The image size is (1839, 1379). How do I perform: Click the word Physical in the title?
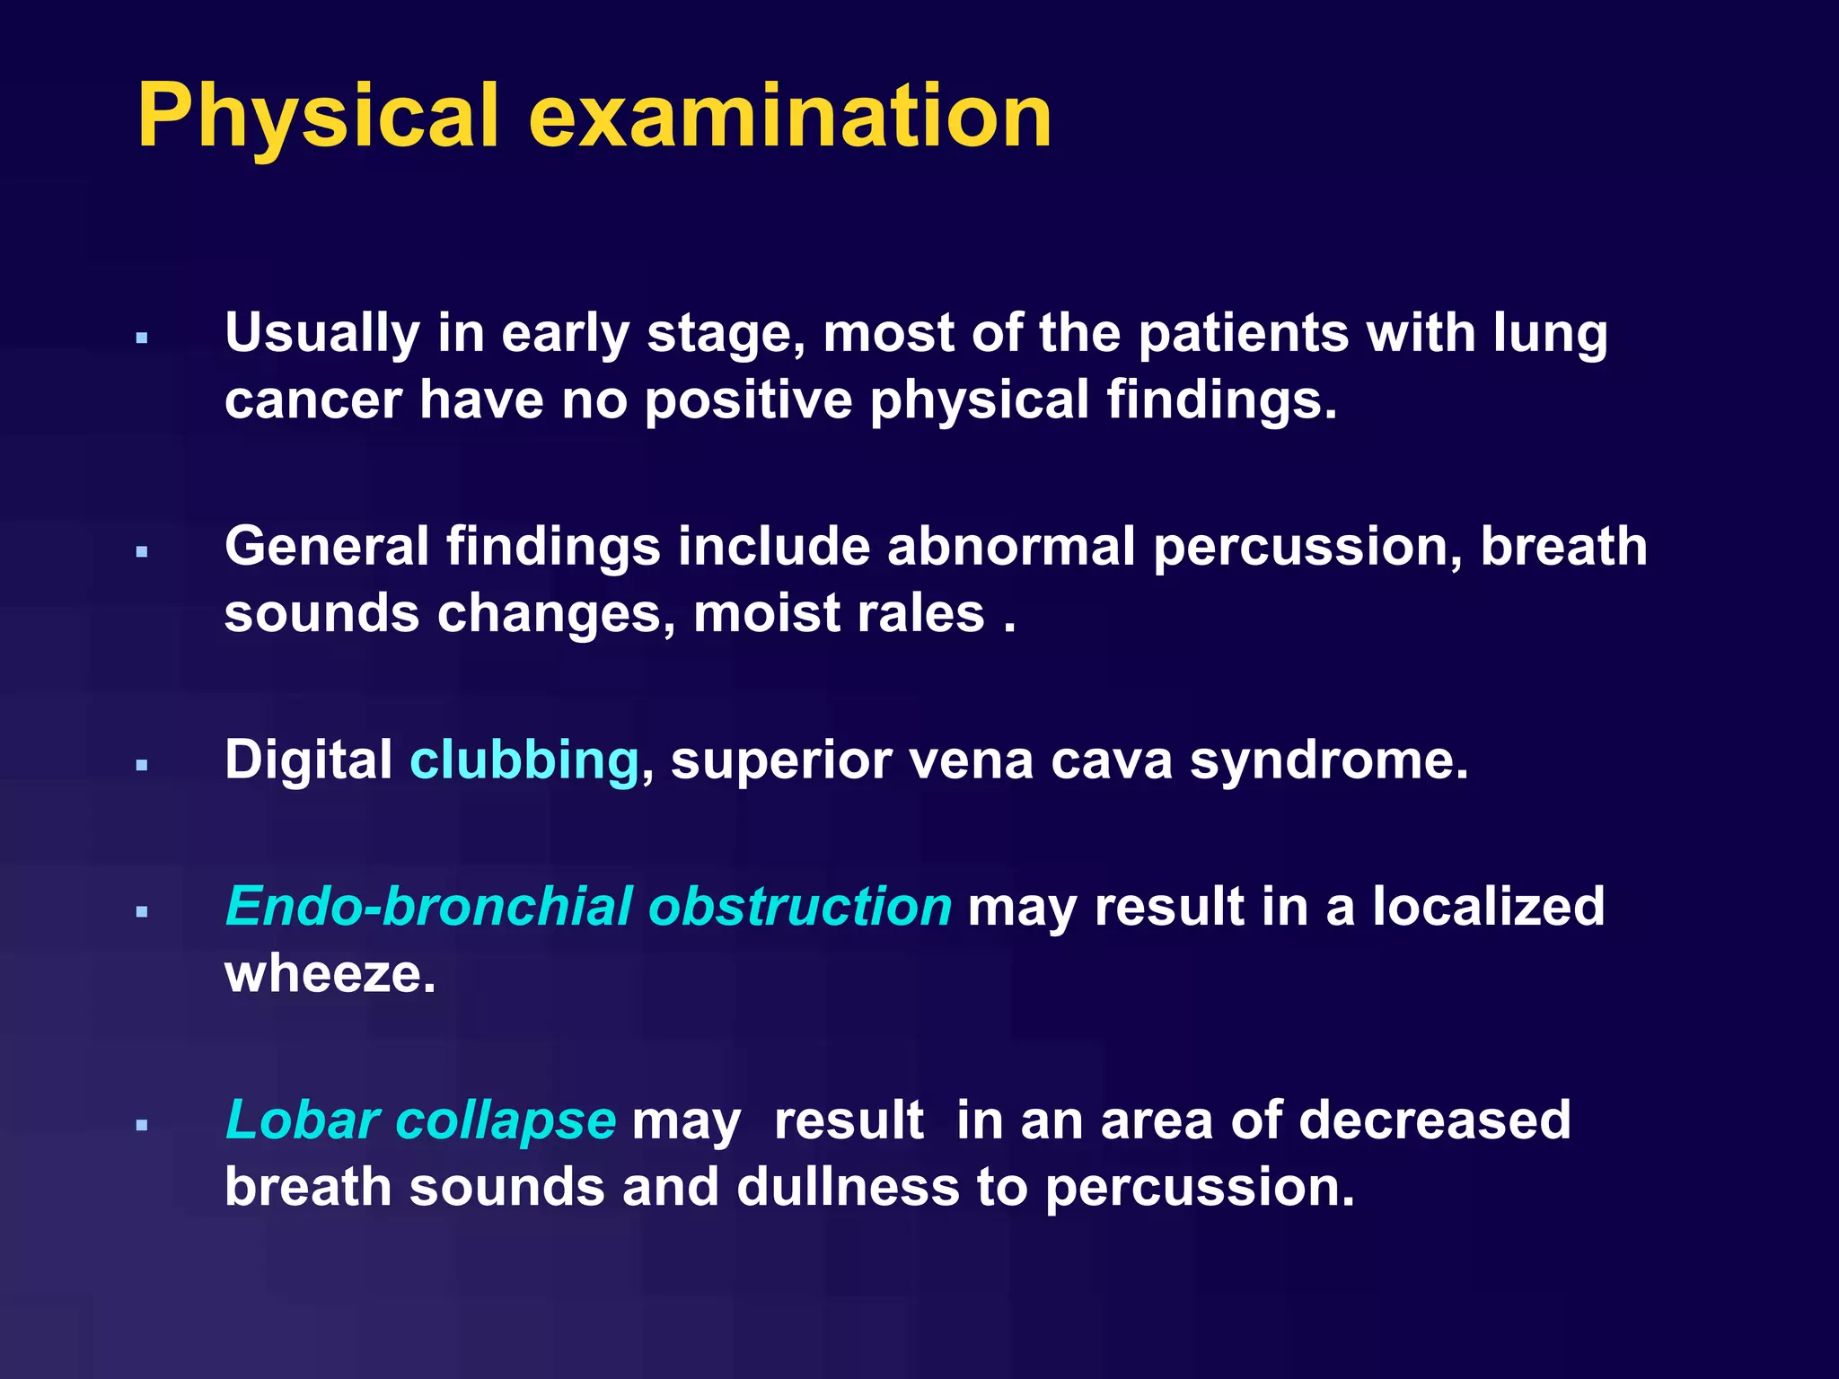[x=316, y=117]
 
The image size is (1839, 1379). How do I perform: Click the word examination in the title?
[x=790, y=117]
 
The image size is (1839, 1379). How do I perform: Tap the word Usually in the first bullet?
[x=322, y=334]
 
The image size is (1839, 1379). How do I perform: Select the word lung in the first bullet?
[x=1551, y=334]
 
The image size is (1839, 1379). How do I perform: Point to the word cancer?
[x=312, y=400]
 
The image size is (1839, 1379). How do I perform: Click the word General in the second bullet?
[x=327, y=547]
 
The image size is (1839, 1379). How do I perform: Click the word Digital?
[x=308, y=760]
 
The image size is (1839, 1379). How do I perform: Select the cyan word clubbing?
[x=524, y=760]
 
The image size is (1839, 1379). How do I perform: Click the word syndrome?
[x=1329, y=760]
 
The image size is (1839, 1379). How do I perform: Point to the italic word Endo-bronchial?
[x=428, y=906]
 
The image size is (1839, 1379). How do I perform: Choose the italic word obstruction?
[x=799, y=906]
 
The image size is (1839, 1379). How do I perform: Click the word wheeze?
[x=330, y=974]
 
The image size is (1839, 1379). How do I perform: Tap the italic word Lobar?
[x=302, y=1120]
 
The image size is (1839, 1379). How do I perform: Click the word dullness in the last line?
[x=848, y=1187]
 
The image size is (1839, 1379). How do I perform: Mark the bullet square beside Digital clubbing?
[x=142, y=766]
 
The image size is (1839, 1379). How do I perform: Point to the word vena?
[x=971, y=760]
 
